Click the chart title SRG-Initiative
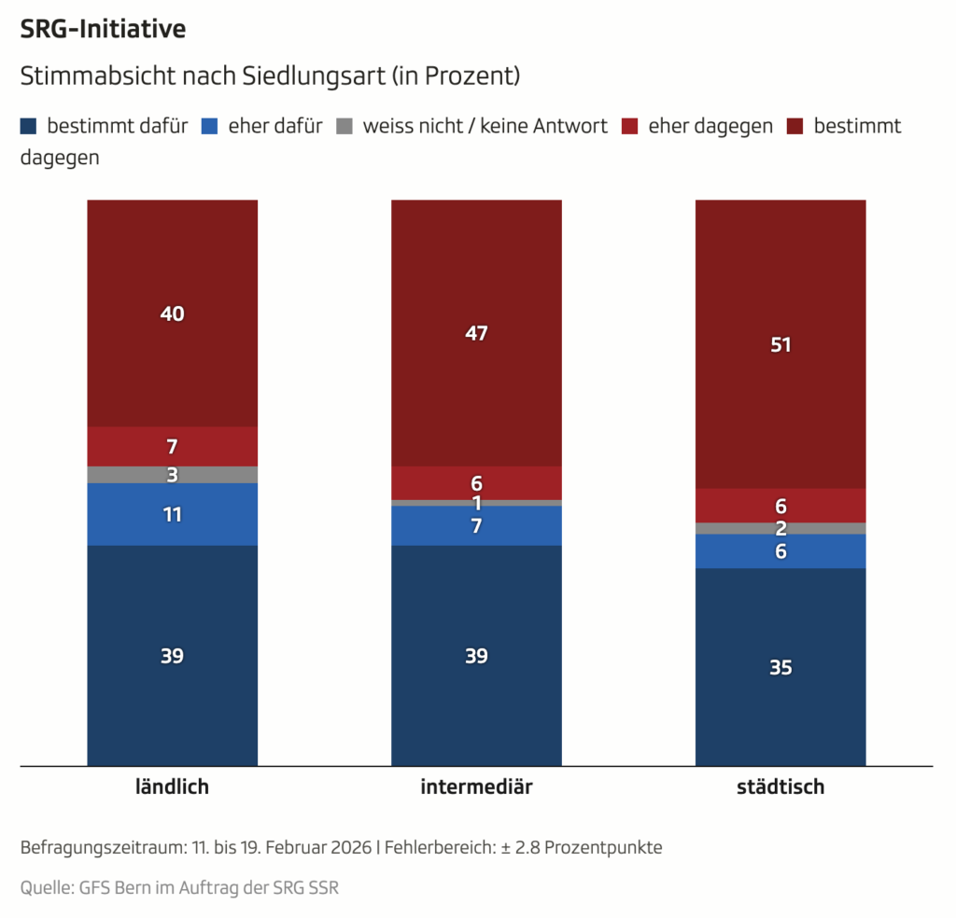[103, 29]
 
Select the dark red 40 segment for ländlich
[172, 313]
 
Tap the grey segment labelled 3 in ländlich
[172, 475]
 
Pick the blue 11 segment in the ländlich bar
[172, 514]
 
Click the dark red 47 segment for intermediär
[476, 333]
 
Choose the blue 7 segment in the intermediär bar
[476, 526]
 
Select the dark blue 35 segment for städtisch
[780, 667]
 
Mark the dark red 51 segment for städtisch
[780, 344]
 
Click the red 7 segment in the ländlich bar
[172, 446]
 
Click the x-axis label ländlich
[172, 786]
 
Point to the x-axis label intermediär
[476, 786]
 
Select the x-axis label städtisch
[780, 786]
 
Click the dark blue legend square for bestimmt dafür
[29, 126]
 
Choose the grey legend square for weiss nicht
[344, 126]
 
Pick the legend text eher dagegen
[710, 126]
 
